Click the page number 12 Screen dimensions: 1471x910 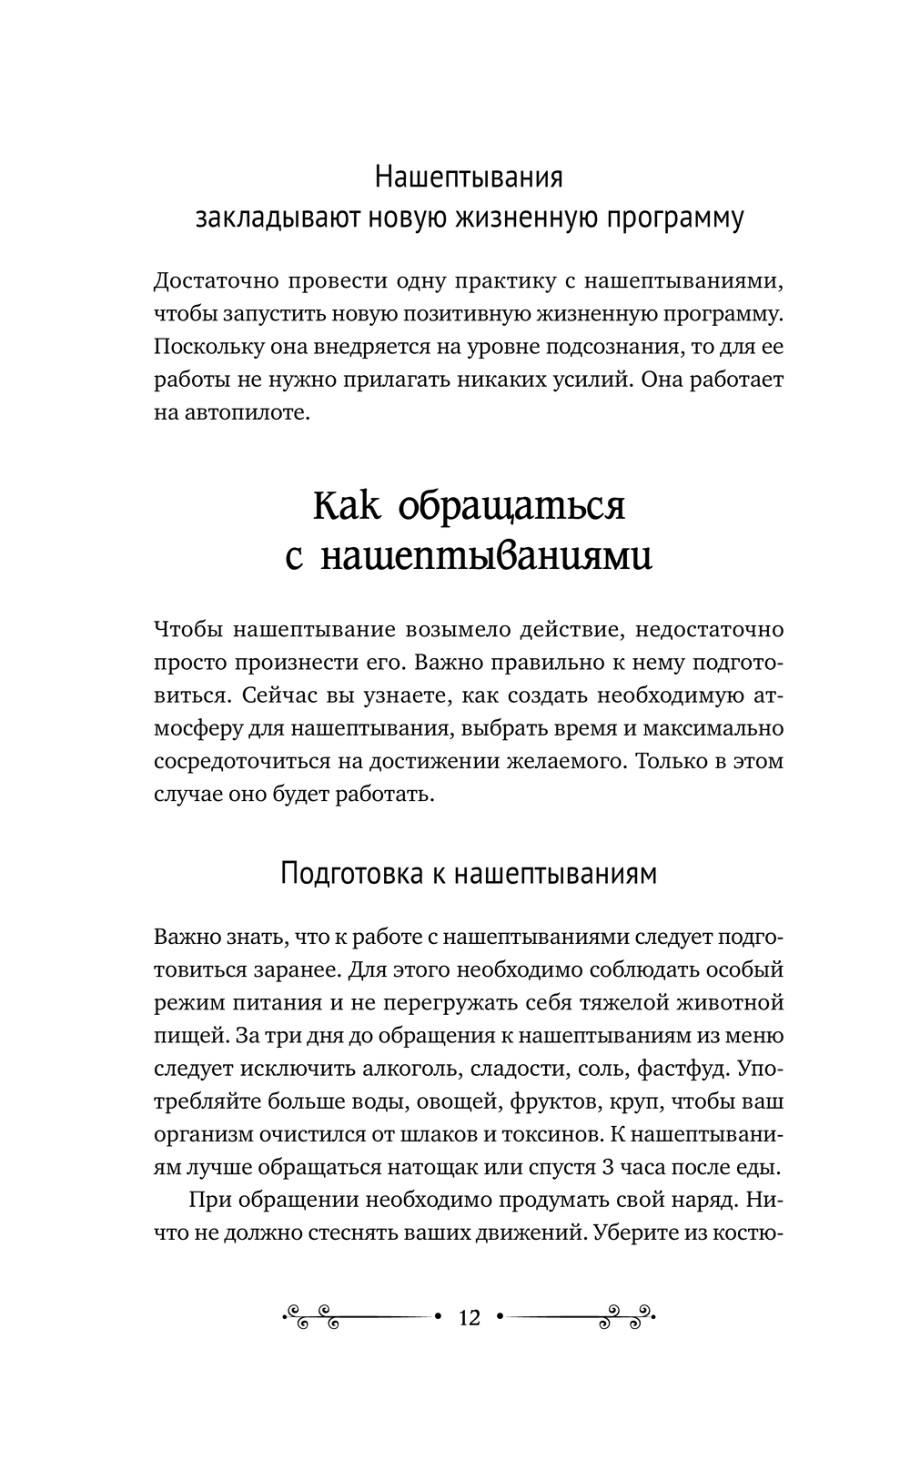click(x=470, y=1317)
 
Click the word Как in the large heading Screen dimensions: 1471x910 click(x=347, y=506)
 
